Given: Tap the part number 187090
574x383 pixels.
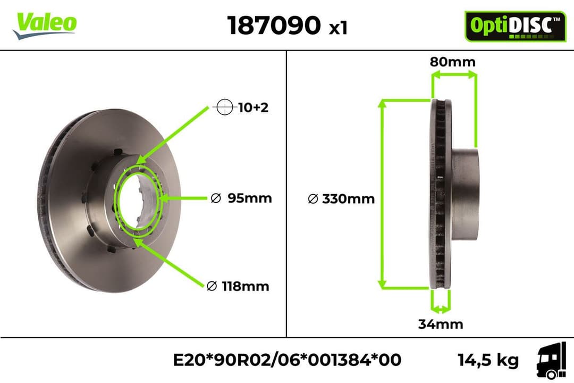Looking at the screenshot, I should [274, 25].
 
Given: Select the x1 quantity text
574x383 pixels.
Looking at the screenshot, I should [338, 28].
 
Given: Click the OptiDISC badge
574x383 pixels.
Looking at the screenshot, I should [514, 26].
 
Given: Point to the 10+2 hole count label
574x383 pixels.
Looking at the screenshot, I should [253, 107].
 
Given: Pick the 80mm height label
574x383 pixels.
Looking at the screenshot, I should [453, 62].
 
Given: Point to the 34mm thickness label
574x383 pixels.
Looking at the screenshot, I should [440, 323].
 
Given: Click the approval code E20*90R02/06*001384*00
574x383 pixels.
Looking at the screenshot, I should [287, 360].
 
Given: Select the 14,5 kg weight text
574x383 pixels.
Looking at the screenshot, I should [488, 360].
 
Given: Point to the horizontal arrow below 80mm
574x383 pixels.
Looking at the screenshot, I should [453, 76].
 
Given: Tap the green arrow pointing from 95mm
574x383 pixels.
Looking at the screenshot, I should [183, 198].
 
